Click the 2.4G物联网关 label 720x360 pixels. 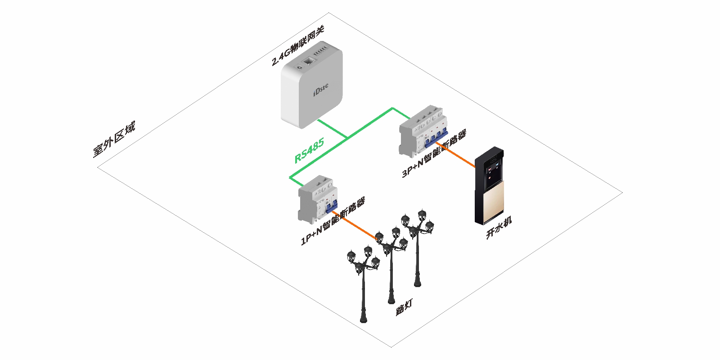[x=298, y=45]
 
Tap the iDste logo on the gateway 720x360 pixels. [x=320, y=90]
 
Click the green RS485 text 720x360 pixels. [x=309, y=151]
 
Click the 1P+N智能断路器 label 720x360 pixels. [x=333, y=221]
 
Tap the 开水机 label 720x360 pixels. [x=499, y=228]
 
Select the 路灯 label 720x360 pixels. [x=404, y=307]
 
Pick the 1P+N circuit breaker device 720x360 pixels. [x=318, y=198]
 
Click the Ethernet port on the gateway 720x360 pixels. [x=309, y=61]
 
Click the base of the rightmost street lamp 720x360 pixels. [x=418, y=283]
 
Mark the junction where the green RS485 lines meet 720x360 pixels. [x=347, y=136]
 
